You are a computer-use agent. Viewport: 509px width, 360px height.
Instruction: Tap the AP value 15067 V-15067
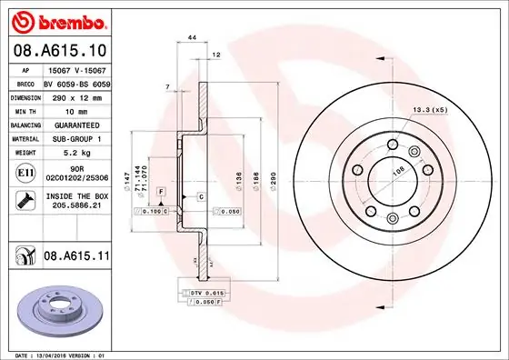(x=75, y=69)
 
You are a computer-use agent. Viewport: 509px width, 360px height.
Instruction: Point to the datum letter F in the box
(x=160, y=193)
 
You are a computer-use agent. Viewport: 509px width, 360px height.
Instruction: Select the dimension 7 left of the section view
(x=167, y=87)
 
